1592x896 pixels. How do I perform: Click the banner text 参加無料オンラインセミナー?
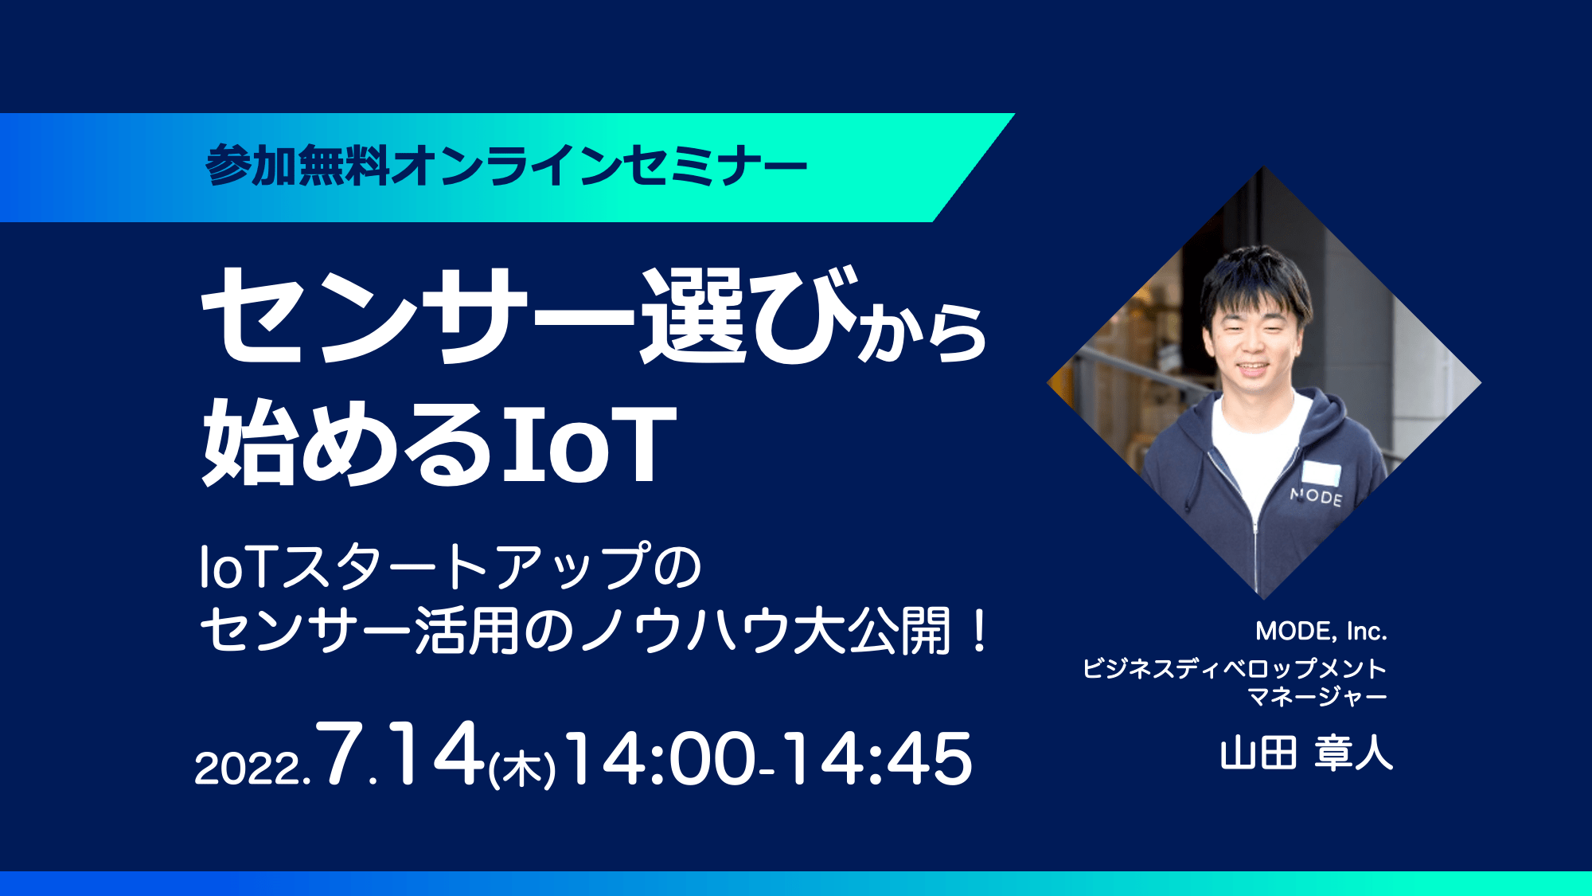click(506, 166)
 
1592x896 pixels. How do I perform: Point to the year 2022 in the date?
click(248, 769)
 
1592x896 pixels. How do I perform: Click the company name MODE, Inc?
click(1321, 632)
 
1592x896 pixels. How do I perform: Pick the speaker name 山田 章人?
click(1306, 753)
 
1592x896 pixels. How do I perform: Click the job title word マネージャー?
click(1317, 696)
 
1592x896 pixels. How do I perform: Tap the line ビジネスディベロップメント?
click(1235, 667)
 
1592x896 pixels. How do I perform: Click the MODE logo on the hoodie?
click(1316, 496)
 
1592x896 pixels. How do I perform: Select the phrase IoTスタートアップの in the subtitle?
click(451, 566)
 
